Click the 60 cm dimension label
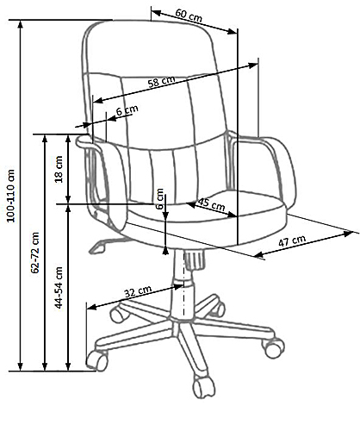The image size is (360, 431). tap(189, 16)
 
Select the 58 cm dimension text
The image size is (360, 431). tap(161, 82)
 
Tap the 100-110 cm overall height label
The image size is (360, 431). tap(11, 196)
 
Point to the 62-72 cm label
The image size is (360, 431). tap(35, 253)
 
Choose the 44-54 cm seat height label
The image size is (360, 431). tap(59, 288)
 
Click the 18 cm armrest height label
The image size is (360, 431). tap(59, 169)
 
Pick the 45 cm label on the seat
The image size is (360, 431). tap(212, 204)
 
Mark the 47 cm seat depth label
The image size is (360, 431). tap(292, 240)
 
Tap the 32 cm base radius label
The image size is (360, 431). tap(138, 291)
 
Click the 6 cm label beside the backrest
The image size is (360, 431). tap(127, 110)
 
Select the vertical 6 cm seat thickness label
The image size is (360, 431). tap(160, 198)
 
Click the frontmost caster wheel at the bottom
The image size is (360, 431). tap(204, 387)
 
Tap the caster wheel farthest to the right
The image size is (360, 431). tap(274, 348)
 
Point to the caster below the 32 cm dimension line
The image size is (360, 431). tap(97, 360)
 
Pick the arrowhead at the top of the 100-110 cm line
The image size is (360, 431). tap(20, 24)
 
